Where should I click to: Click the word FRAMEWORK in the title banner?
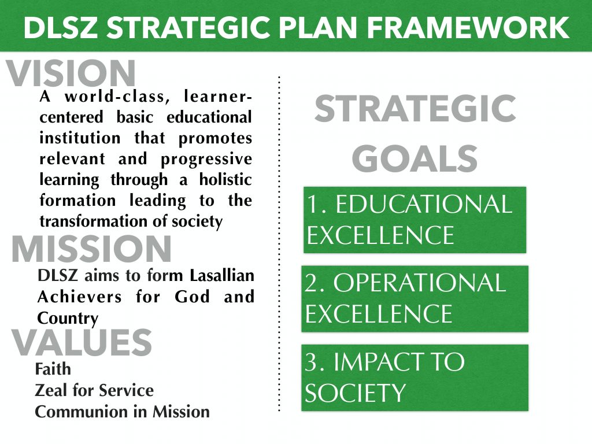coord(468,28)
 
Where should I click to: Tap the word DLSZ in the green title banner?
coord(60,28)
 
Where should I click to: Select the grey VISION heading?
coord(71,73)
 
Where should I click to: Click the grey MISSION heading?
coord(92,249)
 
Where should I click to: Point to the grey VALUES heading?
coord(82,342)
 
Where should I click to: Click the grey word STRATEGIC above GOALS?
coord(415,108)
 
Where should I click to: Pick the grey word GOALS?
coord(415,158)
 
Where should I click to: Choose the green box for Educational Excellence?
coord(415,220)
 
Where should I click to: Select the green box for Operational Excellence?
coord(415,299)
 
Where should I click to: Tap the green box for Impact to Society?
coord(415,378)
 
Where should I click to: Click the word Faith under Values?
coord(53,369)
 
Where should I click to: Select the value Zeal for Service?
coord(94,390)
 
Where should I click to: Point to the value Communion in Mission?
coord(123,412)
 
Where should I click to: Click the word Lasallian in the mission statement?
coord(222,276)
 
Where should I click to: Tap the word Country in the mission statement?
coord(68,319)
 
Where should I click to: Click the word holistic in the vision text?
coord(225,179)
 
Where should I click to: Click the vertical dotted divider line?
coord(279,243)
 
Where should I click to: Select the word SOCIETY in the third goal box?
coord(355,393)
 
